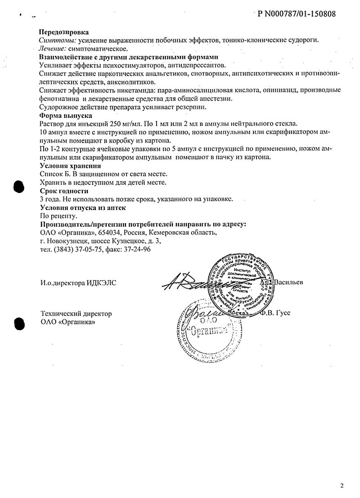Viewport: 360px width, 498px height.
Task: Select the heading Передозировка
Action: tap(64, 32)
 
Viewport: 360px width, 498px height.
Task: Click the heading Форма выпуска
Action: tap(65, 116)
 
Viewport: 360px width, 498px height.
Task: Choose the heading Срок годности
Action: tap(63, 191)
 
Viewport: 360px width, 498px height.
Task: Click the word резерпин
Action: tap(192, 107)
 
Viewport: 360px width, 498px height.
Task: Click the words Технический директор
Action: tap(76, 314)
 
